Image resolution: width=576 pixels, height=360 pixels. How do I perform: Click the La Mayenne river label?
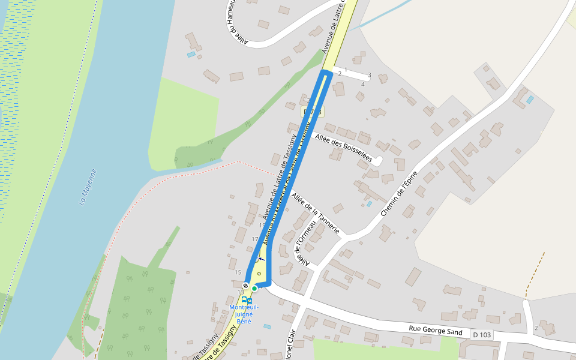[88, 187]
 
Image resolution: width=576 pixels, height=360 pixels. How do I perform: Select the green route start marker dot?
[254, 289]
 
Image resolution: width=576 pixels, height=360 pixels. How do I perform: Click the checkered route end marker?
[246, 285]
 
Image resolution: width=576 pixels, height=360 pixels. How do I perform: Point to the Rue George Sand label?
[436, 330]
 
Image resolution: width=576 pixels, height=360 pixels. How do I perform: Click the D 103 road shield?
[482, 334]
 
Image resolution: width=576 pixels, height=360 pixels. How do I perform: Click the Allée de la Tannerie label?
[316, 214]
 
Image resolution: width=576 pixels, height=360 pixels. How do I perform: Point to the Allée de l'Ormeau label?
[305, 242]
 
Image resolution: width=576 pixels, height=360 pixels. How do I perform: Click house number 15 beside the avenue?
[238, 272]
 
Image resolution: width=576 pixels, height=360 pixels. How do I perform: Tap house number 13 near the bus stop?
[241, 292]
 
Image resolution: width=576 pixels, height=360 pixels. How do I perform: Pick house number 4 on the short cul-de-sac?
[362, 85]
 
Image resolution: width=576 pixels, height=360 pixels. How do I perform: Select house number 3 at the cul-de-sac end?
[369, 75]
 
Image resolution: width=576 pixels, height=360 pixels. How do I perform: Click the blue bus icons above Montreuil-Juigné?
[247, 300]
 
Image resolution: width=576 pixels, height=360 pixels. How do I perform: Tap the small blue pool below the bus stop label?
[267, 326]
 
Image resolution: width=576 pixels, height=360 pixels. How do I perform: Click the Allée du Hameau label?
[238, 22]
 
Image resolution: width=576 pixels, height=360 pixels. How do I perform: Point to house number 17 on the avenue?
[254, 239]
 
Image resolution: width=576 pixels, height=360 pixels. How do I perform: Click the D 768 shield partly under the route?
[312, 112]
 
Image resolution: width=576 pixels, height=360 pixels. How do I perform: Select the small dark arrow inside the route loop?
[261, 259]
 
